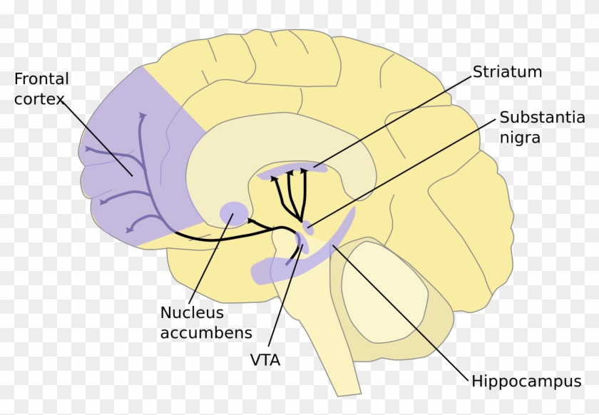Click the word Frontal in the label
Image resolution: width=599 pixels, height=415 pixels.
41,78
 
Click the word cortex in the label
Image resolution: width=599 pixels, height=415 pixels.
39,98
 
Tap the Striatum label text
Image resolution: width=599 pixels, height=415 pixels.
507,72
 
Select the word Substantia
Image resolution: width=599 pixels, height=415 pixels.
542,118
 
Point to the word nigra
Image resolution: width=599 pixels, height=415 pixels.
520,137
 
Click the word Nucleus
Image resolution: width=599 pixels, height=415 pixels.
191,312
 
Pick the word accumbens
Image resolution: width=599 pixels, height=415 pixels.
205,332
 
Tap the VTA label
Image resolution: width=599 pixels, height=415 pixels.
265,360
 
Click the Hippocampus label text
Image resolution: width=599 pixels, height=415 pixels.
526,381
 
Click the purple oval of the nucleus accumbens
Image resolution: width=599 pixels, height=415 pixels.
234,212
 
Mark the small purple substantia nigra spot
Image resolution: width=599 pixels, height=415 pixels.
308,227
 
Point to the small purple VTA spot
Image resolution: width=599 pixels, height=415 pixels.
302,248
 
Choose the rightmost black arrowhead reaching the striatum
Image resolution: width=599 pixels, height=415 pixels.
304,170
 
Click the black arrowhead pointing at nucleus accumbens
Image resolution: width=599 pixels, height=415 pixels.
250,222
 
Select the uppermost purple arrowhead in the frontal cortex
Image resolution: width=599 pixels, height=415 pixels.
142,115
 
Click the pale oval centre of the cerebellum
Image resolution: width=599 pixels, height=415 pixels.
384,289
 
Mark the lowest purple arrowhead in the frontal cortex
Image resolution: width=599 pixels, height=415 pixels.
128,229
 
